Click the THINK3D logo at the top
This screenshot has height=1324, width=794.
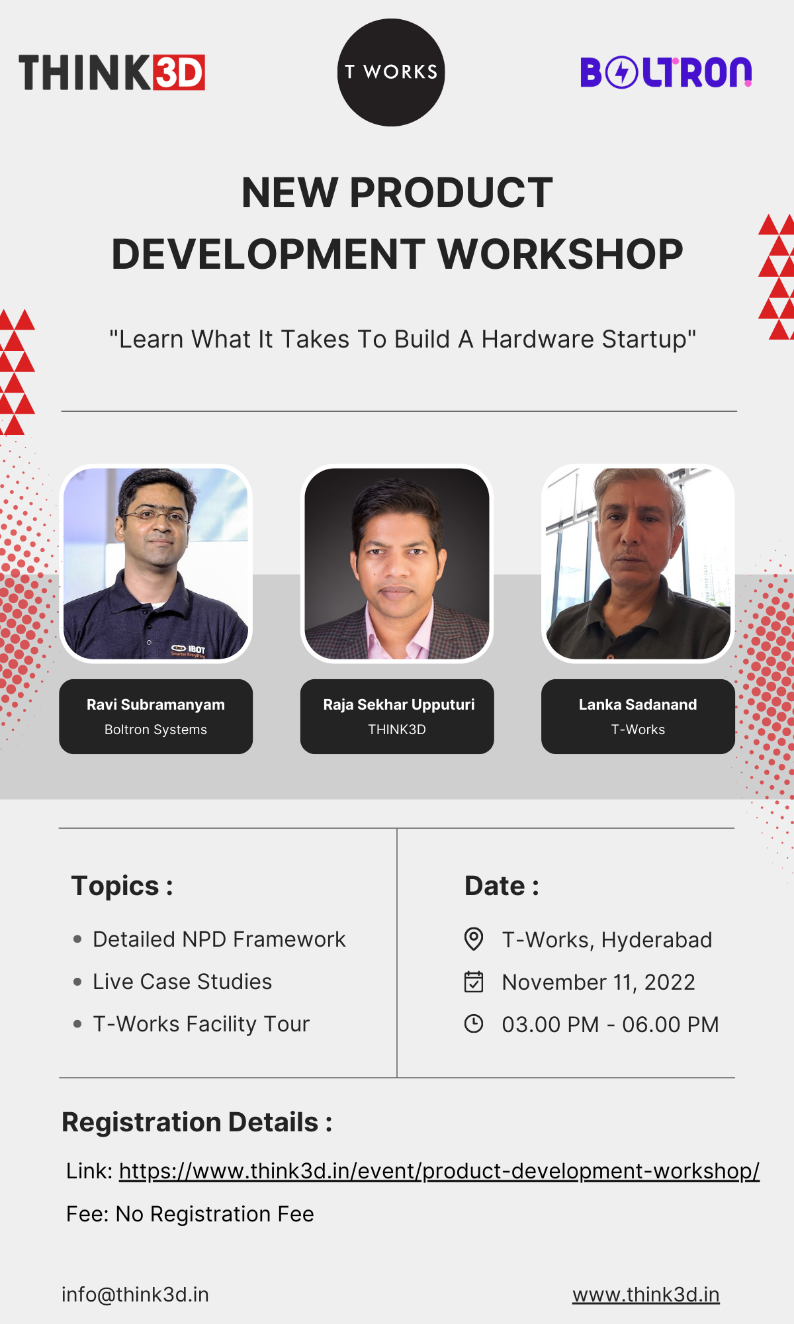click(112, 72)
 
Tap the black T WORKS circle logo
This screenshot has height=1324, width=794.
click(391, 72)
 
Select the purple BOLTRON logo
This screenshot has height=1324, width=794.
click(666, 72)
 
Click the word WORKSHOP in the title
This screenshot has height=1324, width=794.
click(560, 254)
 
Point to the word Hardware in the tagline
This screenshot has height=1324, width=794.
click(538, 339)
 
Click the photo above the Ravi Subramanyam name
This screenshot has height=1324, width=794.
click(156, 563)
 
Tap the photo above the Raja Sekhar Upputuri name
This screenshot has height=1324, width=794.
click(397, 563)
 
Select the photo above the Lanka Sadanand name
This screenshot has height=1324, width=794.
click(638, 563)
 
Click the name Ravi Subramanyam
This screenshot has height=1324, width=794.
click(156, 704)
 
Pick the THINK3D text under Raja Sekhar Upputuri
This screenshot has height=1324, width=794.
click(397, 730)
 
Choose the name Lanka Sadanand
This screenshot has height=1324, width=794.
click(638, 704)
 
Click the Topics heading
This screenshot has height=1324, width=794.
click(122, 886)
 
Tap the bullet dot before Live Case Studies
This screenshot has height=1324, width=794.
click(77, 982)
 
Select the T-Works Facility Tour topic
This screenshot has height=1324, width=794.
click(201, 1024)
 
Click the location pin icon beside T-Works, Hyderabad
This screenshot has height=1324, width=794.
click(474, 939)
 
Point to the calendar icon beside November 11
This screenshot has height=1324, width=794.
click(474, 982)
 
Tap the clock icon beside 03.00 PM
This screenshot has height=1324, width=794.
click(474, 1023)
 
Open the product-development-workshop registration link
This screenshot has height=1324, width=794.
click(439, 1171)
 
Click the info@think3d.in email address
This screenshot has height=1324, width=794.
click(135, 1294)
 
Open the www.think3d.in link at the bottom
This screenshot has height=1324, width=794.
click(646, 1294)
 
